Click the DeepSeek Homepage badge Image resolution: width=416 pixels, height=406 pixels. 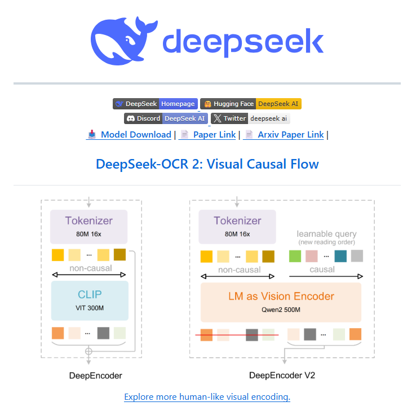pyautogui.click(x=155, y=104)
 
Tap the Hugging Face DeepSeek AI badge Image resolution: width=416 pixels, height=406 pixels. pyautogui.click(x=251, y=104)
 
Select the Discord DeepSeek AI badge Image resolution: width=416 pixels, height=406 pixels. pyautogui.click(x=166, y=118)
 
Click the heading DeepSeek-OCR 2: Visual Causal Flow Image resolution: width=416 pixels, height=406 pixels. pyautogui.click(x=207, y=164)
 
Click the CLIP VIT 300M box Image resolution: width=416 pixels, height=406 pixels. pyautogui.click(x=90, y=300)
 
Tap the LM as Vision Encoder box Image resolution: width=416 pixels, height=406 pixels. pyautogui.click(x=281, y=302)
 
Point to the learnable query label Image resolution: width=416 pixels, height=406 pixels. pyautogui.click(x=326, y=234)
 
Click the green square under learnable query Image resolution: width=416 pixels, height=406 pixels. pyautogui.click(x=295, y=256)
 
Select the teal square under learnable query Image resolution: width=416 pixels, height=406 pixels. pyautogui.click(x=340, y=256)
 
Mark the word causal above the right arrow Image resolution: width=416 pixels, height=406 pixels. pyautogui.click(x=322, y=269)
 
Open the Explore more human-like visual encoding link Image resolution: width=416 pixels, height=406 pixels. pyautogui.click(x=207, y=397)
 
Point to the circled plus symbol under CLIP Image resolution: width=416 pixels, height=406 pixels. pyautogui.click(x=88, y=351)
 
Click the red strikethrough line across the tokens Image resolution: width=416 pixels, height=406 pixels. pyautogui.click(x=237, y=335)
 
